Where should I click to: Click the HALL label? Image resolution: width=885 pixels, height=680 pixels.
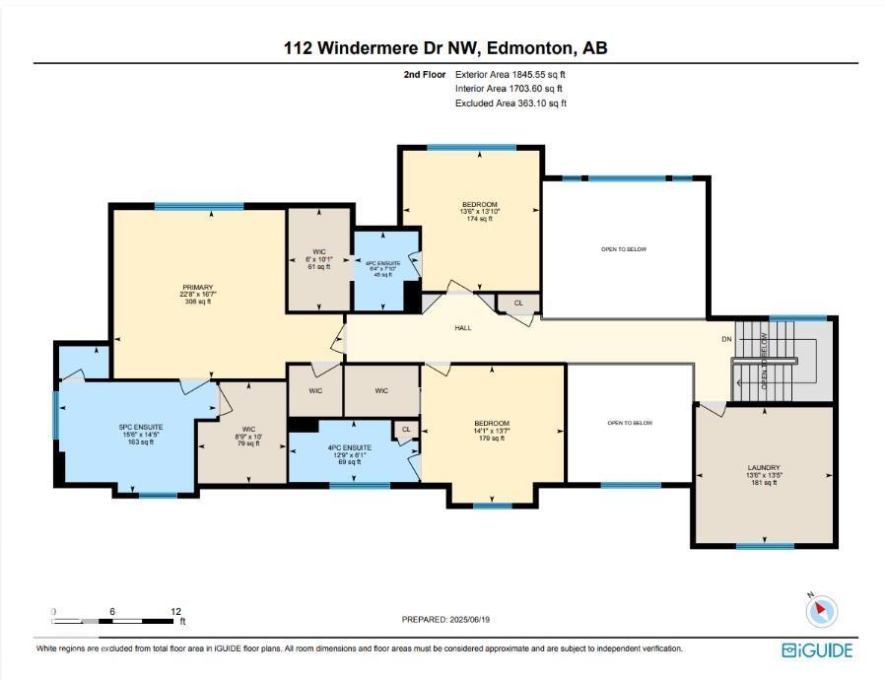point(463,327)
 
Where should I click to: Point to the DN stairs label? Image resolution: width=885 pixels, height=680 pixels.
point(727,339)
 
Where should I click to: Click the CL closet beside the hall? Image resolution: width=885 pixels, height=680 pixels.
point(518,304)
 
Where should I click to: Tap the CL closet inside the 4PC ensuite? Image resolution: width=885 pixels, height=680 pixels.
point(405,429)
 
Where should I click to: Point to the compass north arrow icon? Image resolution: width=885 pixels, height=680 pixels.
point(821,611)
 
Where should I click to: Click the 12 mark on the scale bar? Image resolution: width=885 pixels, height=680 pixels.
point(175,611)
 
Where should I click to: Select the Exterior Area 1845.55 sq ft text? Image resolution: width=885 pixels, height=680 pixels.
point(510,74)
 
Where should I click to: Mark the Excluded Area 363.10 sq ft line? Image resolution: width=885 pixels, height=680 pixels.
point(510,102)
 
